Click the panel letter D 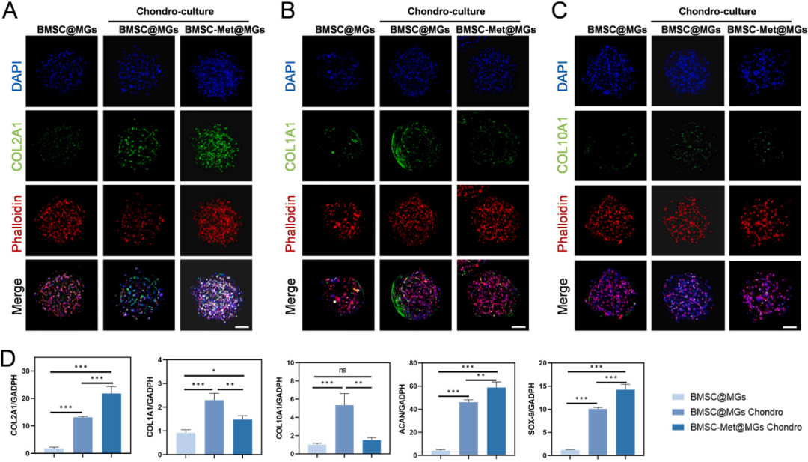tap(10, 356)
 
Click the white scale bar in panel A tap(241, 326)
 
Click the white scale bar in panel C tap(788, 326)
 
